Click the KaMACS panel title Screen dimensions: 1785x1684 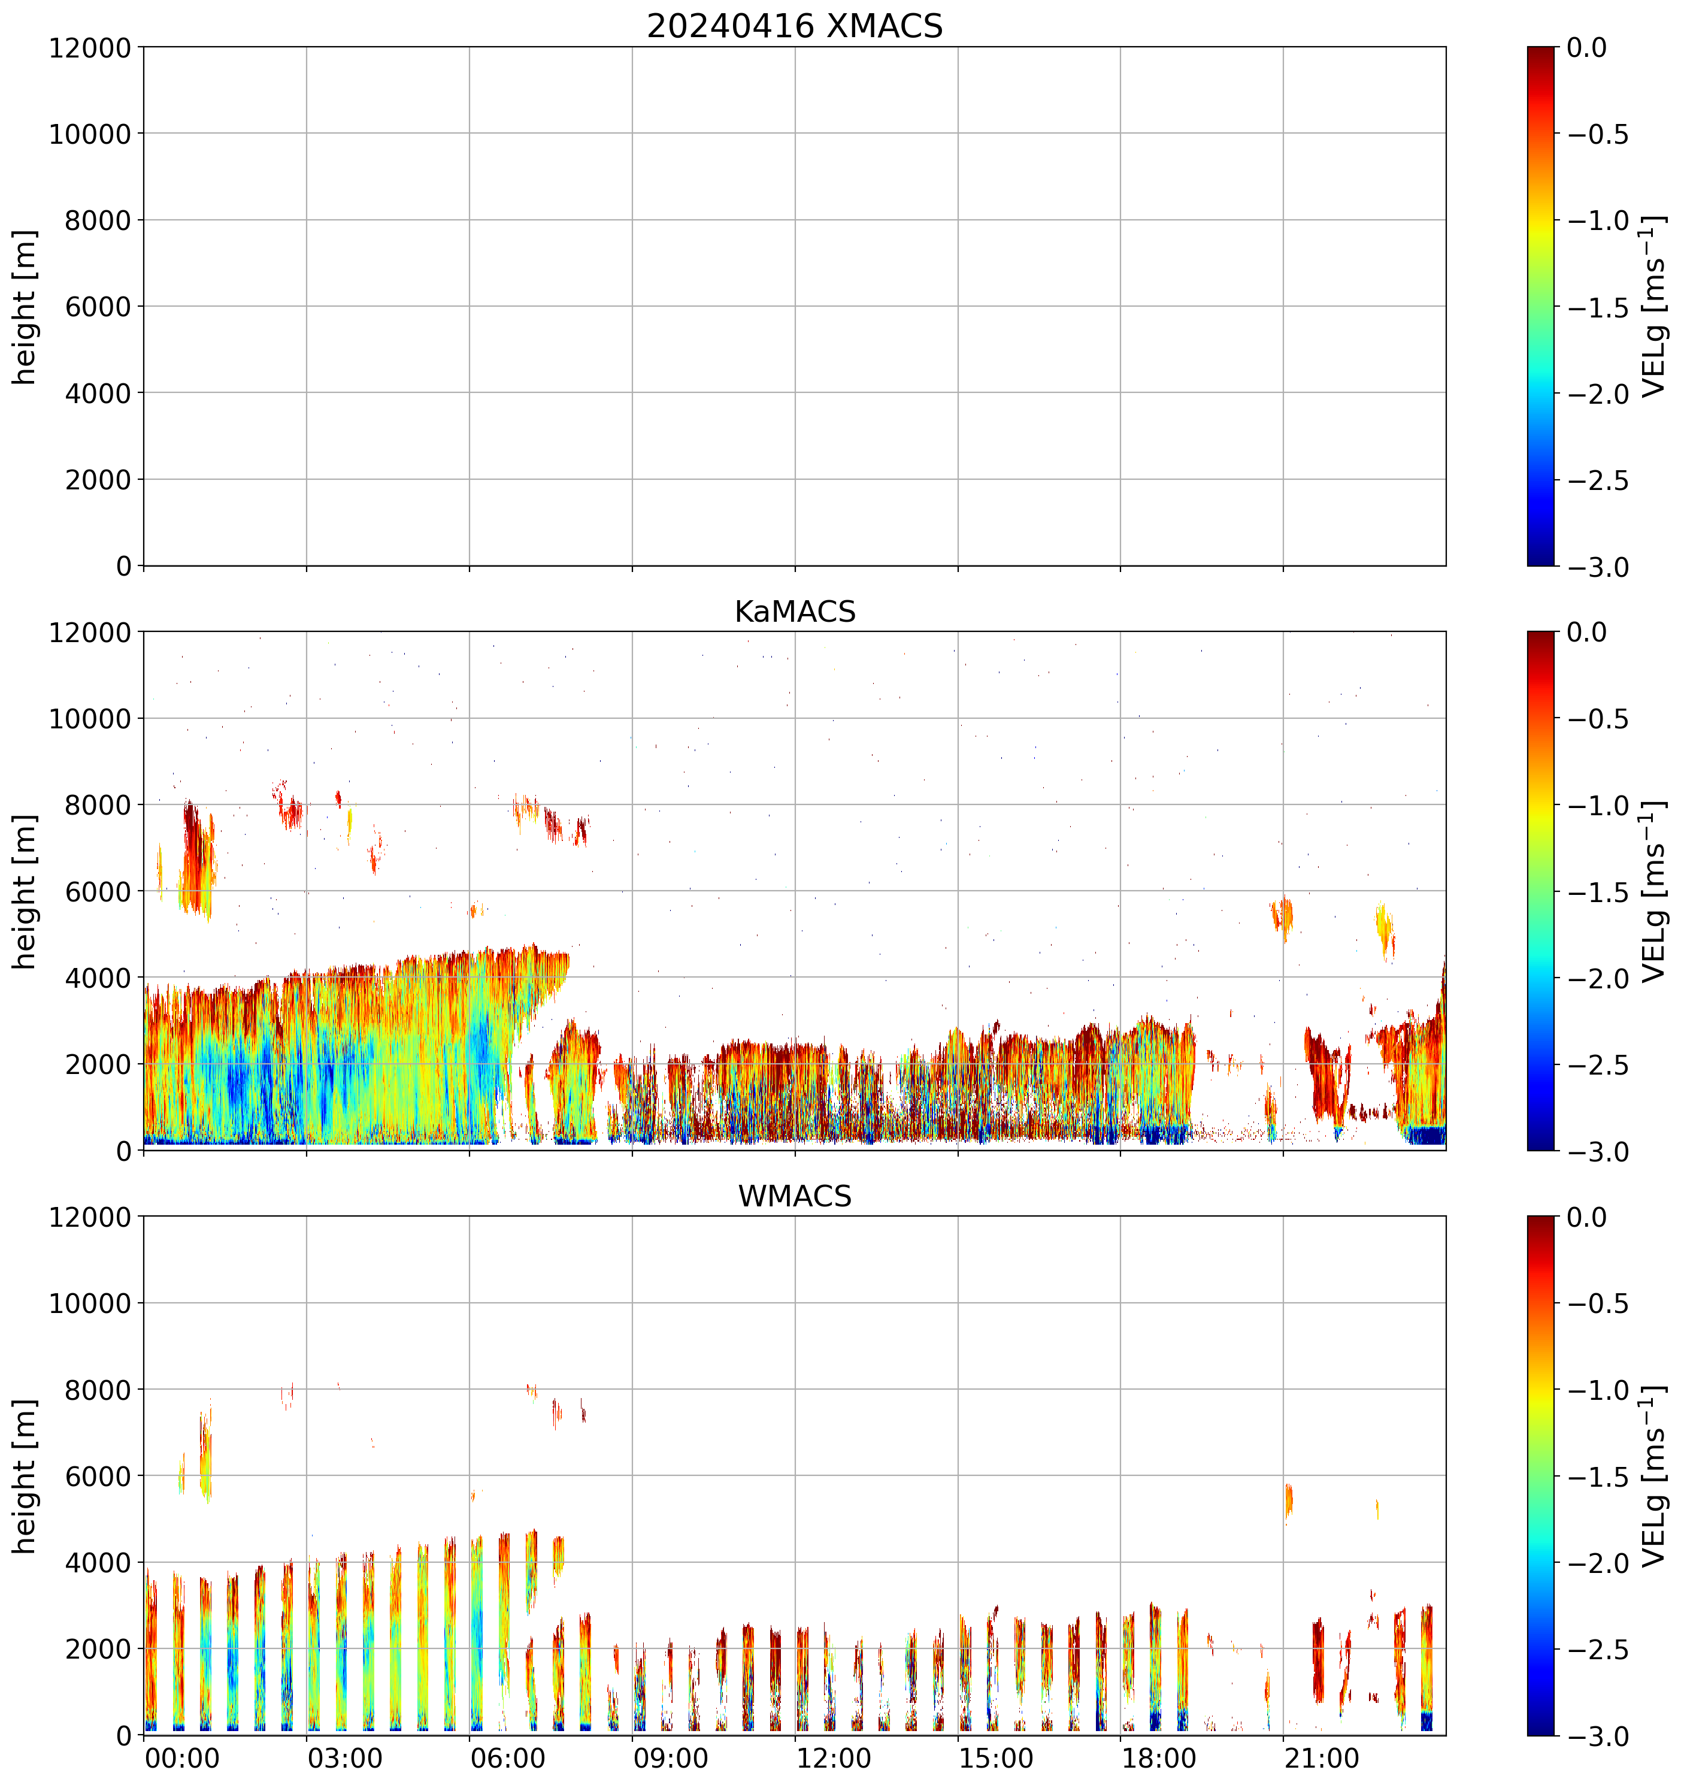tap(795, 612)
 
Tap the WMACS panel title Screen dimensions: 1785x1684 tap(795, 1196)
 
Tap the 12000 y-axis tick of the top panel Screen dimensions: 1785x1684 tap(90, 47)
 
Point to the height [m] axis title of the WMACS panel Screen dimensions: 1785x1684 tap(25, 1476)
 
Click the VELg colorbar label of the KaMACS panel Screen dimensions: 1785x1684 tap(1653, 892)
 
